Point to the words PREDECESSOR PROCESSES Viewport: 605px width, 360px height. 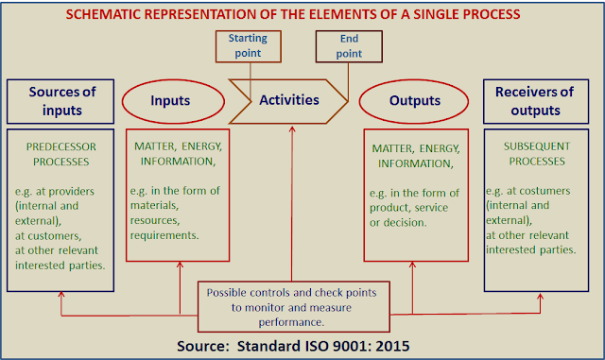[x=60, y=154]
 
